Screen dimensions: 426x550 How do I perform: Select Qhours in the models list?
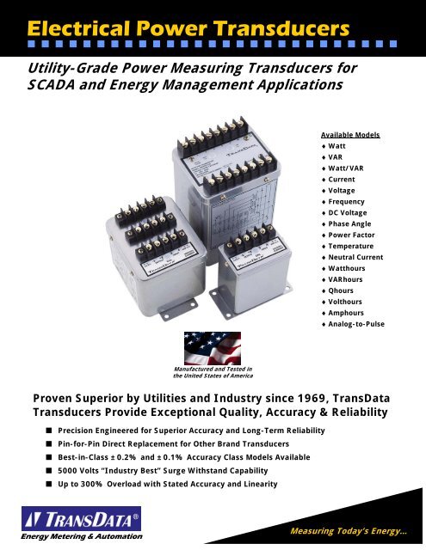click(336, 290)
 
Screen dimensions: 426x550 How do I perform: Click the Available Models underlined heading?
click(340, 135)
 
